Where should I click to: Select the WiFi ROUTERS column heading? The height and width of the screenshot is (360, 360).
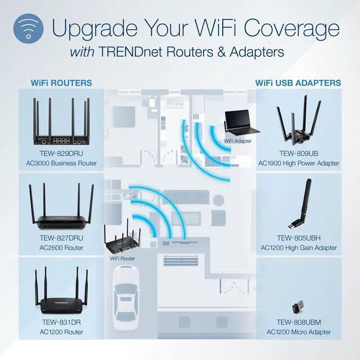tap(61, 83)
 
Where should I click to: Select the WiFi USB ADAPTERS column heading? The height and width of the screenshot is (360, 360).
tap(298, 83)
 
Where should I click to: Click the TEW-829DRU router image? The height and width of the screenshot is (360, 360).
tap(61, 122)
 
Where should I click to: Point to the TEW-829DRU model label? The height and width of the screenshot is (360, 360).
tap(61, 153)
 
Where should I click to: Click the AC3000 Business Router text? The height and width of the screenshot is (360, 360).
tap(61, 163)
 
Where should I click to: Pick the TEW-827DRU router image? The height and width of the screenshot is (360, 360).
tap(61, 205)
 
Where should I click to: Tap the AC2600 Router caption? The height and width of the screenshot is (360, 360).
tap(61, 247)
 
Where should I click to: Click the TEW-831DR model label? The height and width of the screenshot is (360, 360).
tap(61, 322)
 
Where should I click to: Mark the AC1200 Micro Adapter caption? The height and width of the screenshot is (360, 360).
tap(299, 332)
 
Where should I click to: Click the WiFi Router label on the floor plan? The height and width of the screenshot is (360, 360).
tap(123, 258)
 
